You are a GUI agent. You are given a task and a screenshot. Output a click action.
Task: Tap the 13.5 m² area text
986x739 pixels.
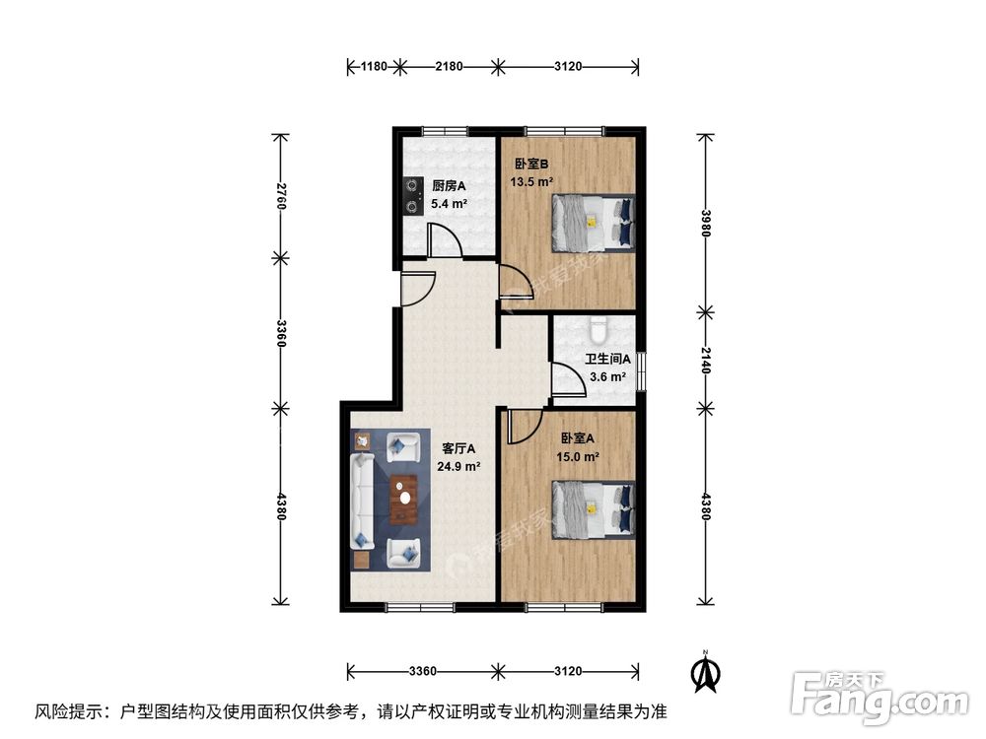click(x=531, y=182)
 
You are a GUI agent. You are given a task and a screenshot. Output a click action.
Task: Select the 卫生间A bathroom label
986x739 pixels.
click(x=607, y=360)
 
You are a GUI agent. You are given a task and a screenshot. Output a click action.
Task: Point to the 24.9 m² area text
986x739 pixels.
click(x=459, y=467)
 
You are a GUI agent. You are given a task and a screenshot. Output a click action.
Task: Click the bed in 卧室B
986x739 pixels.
click(x=591, y=222)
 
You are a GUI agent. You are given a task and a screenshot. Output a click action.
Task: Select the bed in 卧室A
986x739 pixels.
click(x=592, y=508)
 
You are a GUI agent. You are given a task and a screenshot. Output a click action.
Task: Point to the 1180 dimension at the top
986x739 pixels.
click(x=373, y=66)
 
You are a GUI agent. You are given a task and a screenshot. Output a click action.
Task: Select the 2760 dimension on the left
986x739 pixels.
click(x=281, y=196)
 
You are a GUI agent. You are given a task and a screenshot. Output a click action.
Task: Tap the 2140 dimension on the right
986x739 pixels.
click(x=706, y=359)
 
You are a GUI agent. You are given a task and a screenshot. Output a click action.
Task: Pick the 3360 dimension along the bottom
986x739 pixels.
click(x=422, y=672)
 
